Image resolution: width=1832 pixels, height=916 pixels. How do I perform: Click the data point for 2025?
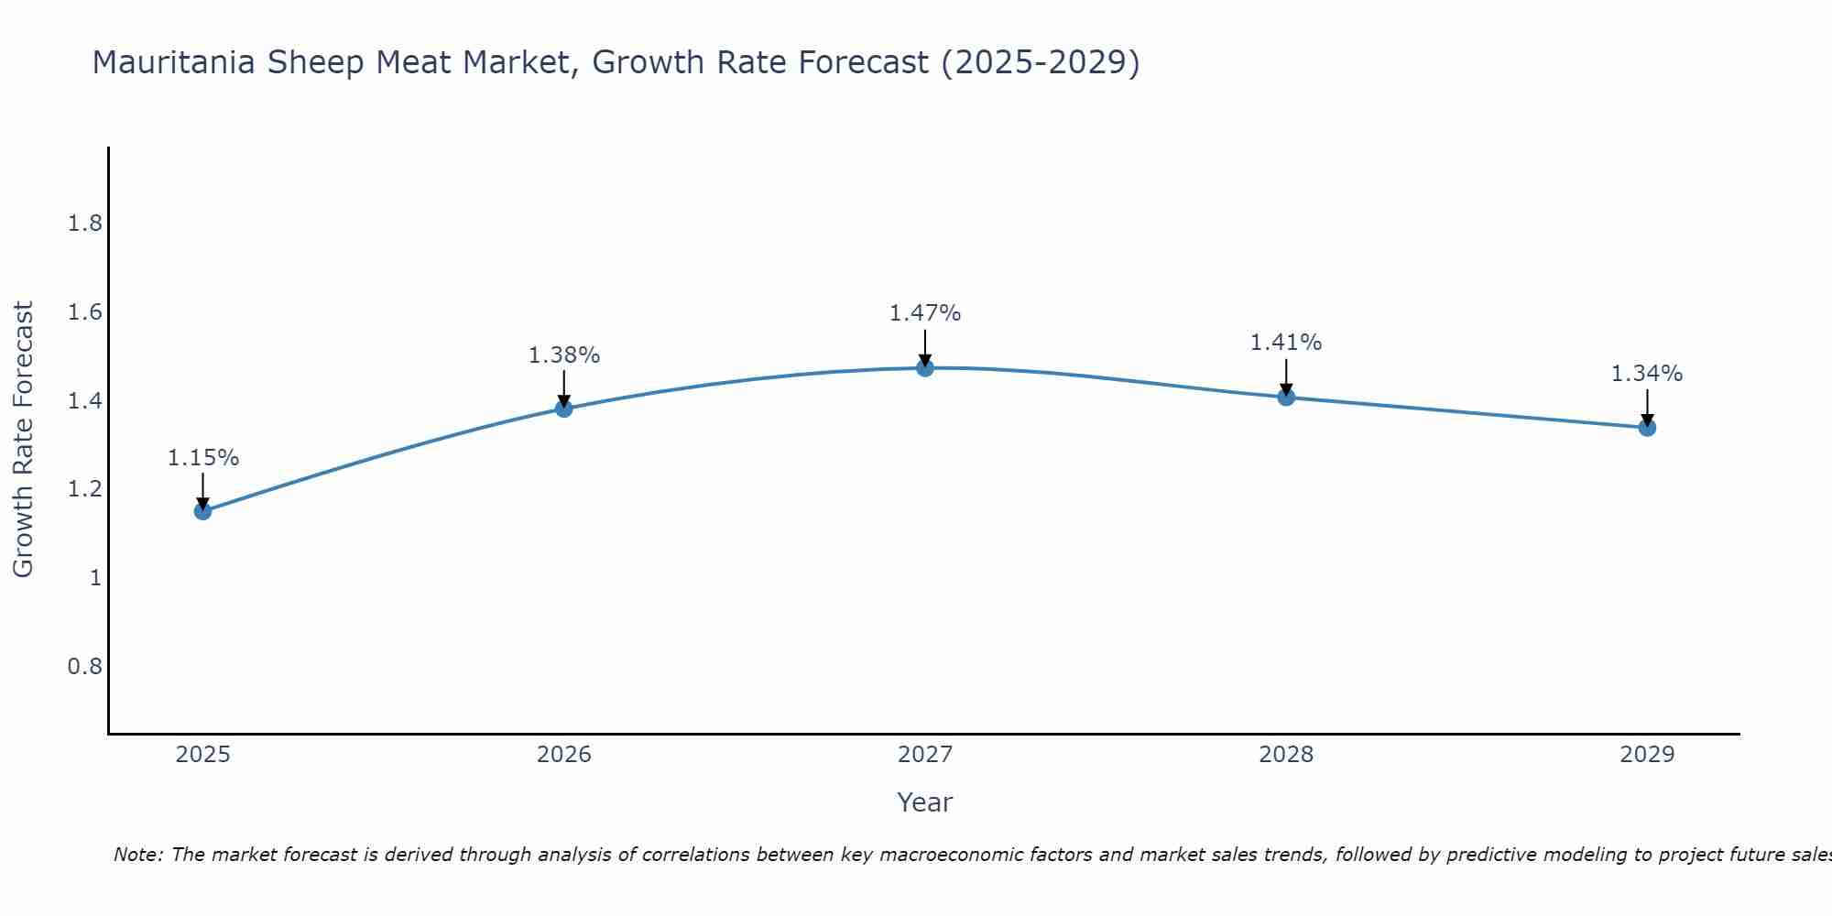pyautogui.click(x=203, y=511)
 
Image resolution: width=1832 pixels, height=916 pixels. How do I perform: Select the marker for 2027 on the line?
pyautogui.click(x=925, y=368)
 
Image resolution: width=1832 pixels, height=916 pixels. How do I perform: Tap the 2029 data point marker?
pyautogui.click(x=1647, y=428)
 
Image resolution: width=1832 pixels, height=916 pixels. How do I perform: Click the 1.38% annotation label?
pyautogui.click(x=564, y=355)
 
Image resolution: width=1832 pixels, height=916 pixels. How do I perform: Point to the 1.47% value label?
pyautogui.click(x=925, y=313)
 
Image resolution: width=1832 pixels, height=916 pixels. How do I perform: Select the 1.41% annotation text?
pyautogui.click(x=1286, y=343)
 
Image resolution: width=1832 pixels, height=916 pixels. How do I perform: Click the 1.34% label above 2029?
pyautogui.click(x=1647, y=374)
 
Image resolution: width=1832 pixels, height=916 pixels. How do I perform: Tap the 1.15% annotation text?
pyautogui.click(x=203, y=458)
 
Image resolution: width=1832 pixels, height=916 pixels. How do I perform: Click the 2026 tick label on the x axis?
pyautogui.click(x=564, y=755)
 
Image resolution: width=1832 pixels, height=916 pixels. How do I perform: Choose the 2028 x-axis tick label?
pyautogui.click(x=1286, y=755)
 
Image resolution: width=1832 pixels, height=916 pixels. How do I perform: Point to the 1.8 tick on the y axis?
pyautogui.click(x=85, y=224)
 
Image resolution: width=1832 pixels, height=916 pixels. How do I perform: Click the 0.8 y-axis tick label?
pyautogui.click(x=85, y=666)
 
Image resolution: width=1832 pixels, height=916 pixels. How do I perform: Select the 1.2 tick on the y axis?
pyautogui.click(x=85, y=489)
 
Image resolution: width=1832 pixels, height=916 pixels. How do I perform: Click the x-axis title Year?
pyautogui.click(x=925, y=802)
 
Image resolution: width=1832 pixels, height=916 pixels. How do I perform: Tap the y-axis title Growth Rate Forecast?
pyautogui.click(x=24, y=440)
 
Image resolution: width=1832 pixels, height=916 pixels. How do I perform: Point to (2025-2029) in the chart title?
pyautogui.click(x=1041, y=63)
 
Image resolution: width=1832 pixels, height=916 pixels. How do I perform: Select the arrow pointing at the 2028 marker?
pyautogui.click(x=1286, y=376)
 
